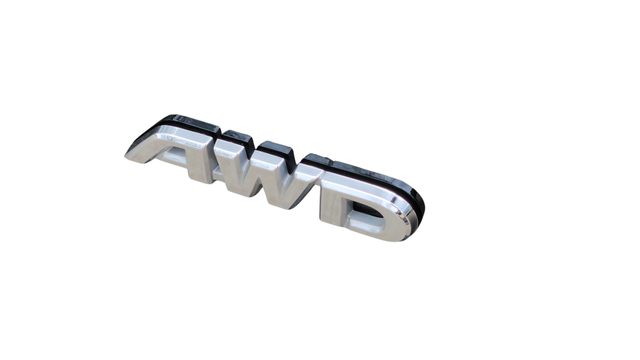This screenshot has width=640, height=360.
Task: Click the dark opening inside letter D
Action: (367, 213)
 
